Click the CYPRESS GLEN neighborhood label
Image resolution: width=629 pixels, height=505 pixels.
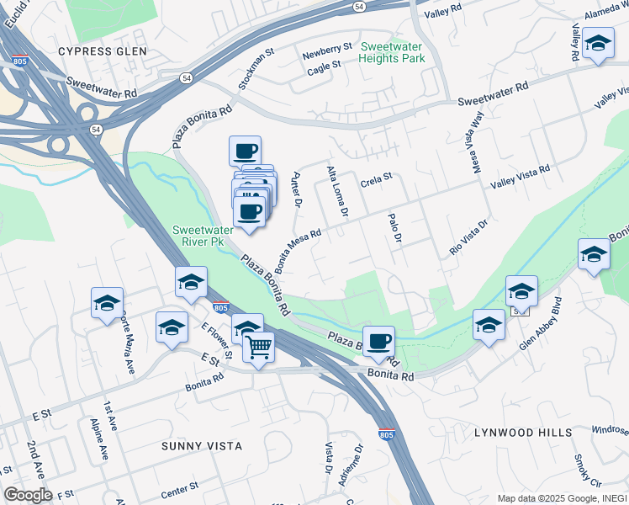coord(102,51)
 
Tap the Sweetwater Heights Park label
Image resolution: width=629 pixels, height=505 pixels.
coord(391,52)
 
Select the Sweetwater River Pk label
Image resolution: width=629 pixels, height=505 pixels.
coord(198,236)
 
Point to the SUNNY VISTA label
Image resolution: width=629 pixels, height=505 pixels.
coord(202,445)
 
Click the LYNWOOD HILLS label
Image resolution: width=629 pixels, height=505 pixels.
coord(522,433)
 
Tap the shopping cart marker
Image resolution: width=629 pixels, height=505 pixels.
coord(259,346)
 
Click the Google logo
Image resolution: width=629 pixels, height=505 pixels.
coord(27,495)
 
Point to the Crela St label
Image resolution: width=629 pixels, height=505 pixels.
coord(377,179)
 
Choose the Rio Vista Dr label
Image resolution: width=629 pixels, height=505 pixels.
coord(468,239)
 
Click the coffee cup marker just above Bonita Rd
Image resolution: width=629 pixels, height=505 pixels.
coord(378,340)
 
